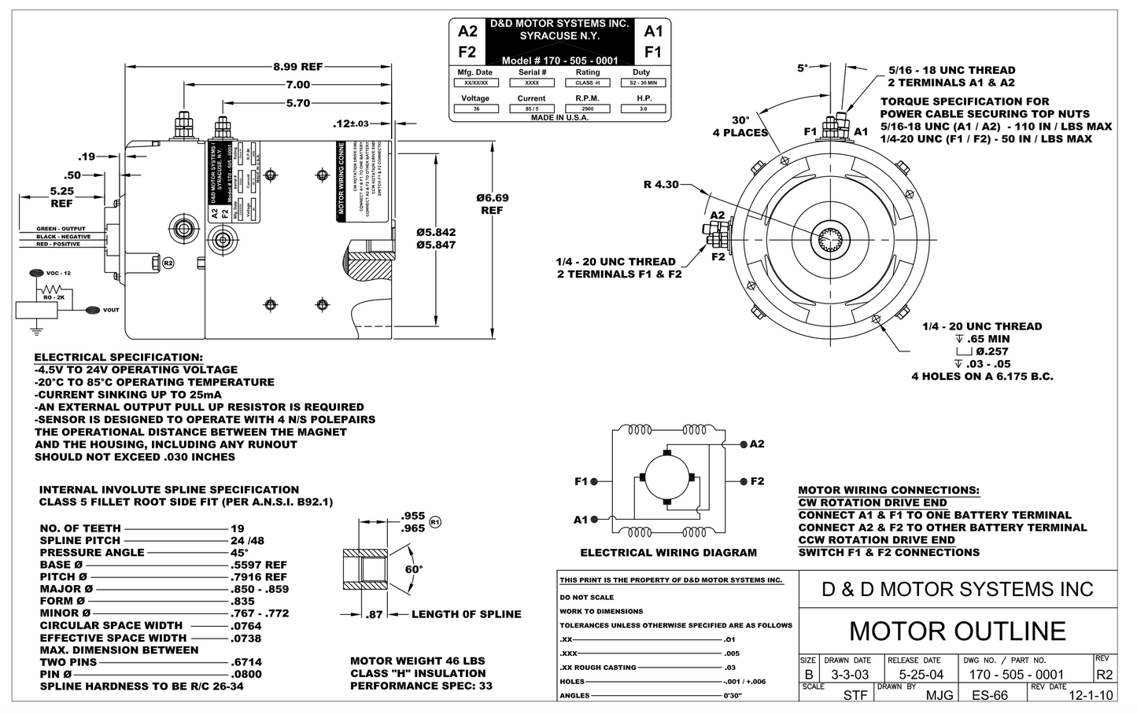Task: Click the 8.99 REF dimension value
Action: pyautogui.click(x=297, y=67)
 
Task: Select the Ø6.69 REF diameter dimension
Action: pyautogui.click(x=493, y=204)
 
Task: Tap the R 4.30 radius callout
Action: pyautogui.click(x=660, y=186)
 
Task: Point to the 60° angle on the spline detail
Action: pyautogui.click(x=414, y=569)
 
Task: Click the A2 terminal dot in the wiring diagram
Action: pyautogui.click(x=744, y=444)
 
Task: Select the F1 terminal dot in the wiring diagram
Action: pyautogui.click(x=594, y=481)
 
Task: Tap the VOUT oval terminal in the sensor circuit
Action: pyautogui.click(x=92, y=310)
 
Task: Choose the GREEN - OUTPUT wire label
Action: pyautogui.click(x=61, y=229)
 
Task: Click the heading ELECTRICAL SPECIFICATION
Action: pyautogui.click(x=118, y=357)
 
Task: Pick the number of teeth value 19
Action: pyautogui.click(x=238, y=528)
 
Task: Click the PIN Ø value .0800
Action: pyautogui.click(x=246, y=674)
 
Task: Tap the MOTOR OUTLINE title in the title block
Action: pyautogui.click(x=958, y=631)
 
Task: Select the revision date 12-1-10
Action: pyautogui.click(x=1091, y=695)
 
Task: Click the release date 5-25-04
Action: pyautogui.click(x=915, y=675)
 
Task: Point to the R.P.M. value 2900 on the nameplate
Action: pyautogui.click(x=588, y=109)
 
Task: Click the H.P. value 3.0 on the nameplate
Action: pyautogui.click(x=644, y=109)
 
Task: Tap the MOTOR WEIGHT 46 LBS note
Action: pyautogui.click(x=418, y=661)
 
